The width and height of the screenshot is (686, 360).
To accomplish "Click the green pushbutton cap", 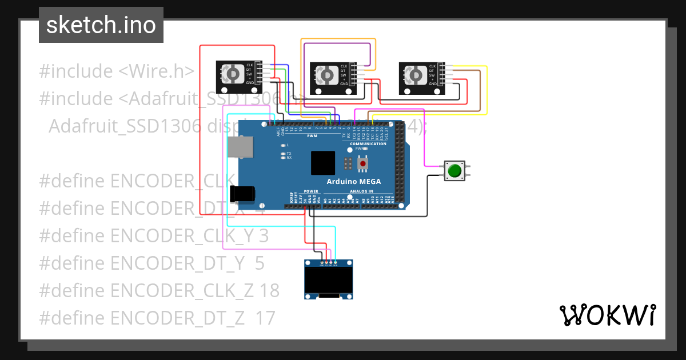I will click(456, 170).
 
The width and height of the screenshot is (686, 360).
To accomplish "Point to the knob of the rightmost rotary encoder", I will click(414, 75).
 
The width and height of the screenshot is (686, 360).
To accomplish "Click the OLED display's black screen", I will click(329, 281).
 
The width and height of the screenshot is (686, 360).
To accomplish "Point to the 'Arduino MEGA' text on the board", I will click(354, 182).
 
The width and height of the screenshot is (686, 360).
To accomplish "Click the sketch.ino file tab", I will click(101, 25).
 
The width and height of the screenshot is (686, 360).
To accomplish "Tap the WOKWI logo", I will click(607, 315).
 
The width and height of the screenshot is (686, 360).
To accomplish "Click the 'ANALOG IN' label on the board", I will click(361, 191).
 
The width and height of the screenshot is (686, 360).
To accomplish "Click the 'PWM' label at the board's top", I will click(312, 137).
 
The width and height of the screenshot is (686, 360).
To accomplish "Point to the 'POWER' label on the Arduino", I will click(311, 191).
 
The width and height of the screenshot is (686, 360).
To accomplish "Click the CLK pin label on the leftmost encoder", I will click(249, 65).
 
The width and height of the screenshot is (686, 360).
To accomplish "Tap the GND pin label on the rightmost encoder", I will click(432, 83).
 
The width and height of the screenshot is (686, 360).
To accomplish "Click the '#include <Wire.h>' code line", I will click(117, 71).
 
